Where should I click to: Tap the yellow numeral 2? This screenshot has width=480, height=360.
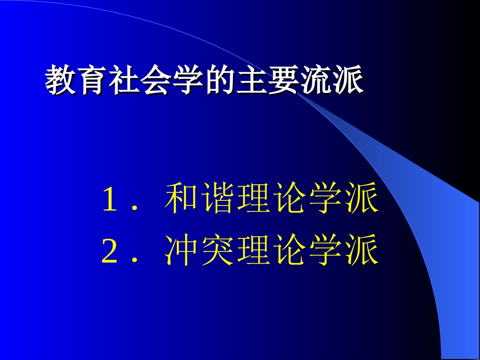(109, 252)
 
